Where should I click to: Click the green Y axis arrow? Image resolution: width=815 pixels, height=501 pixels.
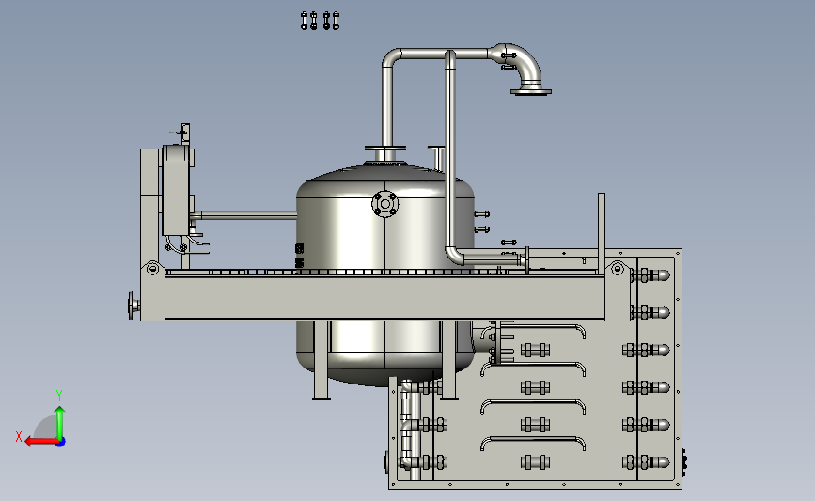[x=60, y=423]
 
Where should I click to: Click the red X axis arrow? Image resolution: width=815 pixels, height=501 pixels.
[x=41, y=442]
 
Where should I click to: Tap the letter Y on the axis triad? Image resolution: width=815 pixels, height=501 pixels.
[x=59, y=396]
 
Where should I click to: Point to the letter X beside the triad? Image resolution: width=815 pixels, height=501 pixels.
[x=19, y=436]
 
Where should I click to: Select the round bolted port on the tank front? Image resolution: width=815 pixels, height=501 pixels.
[x=385, y=204]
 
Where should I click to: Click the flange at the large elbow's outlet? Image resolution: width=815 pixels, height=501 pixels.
[x=531, y=92]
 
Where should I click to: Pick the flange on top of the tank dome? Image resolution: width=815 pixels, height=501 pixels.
[x=385, y=149]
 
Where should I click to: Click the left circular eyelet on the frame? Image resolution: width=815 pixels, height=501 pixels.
[x=152, y=269]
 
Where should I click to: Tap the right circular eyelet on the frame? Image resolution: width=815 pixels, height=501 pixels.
[x=618, y=269]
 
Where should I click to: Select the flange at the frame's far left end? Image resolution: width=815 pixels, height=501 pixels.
[x=133, y=305]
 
